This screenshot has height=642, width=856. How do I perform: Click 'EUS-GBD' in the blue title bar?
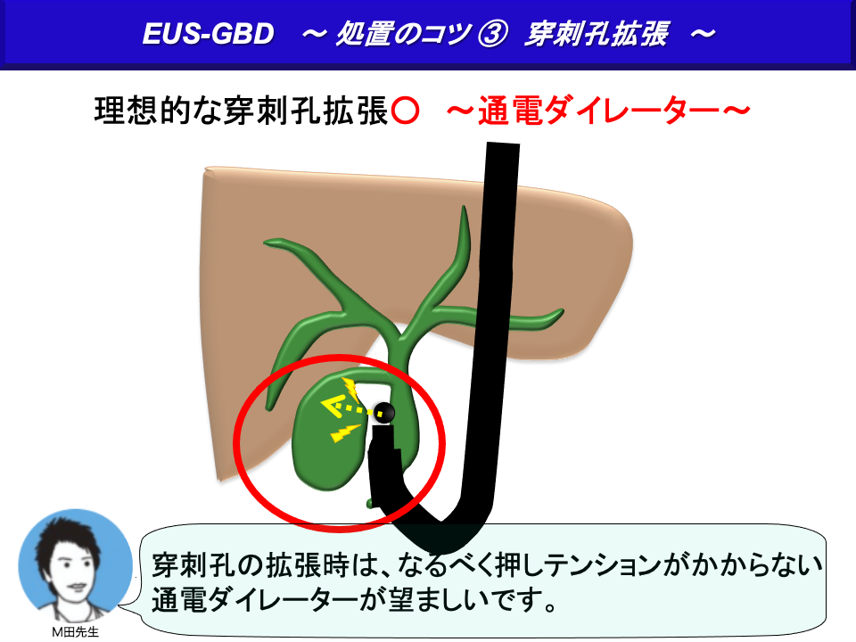tap(208, 34)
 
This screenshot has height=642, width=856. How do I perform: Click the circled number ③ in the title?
tap(492, 34)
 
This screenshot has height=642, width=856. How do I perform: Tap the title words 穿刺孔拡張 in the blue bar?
tap(597, 34)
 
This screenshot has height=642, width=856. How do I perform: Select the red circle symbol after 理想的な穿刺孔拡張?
tap(405, 111)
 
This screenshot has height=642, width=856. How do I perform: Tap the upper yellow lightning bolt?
tap(350, 389)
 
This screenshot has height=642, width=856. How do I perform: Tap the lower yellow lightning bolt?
tap(345, 433)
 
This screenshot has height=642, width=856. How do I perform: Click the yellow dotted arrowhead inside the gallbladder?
tap(333, 407)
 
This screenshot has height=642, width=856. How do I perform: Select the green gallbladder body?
tap(326, 437)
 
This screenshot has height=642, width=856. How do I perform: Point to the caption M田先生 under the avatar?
tap(75, 631)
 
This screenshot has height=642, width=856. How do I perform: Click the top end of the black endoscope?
tap(502, 144)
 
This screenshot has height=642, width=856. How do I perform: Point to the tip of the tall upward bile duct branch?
tap(464, 207)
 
